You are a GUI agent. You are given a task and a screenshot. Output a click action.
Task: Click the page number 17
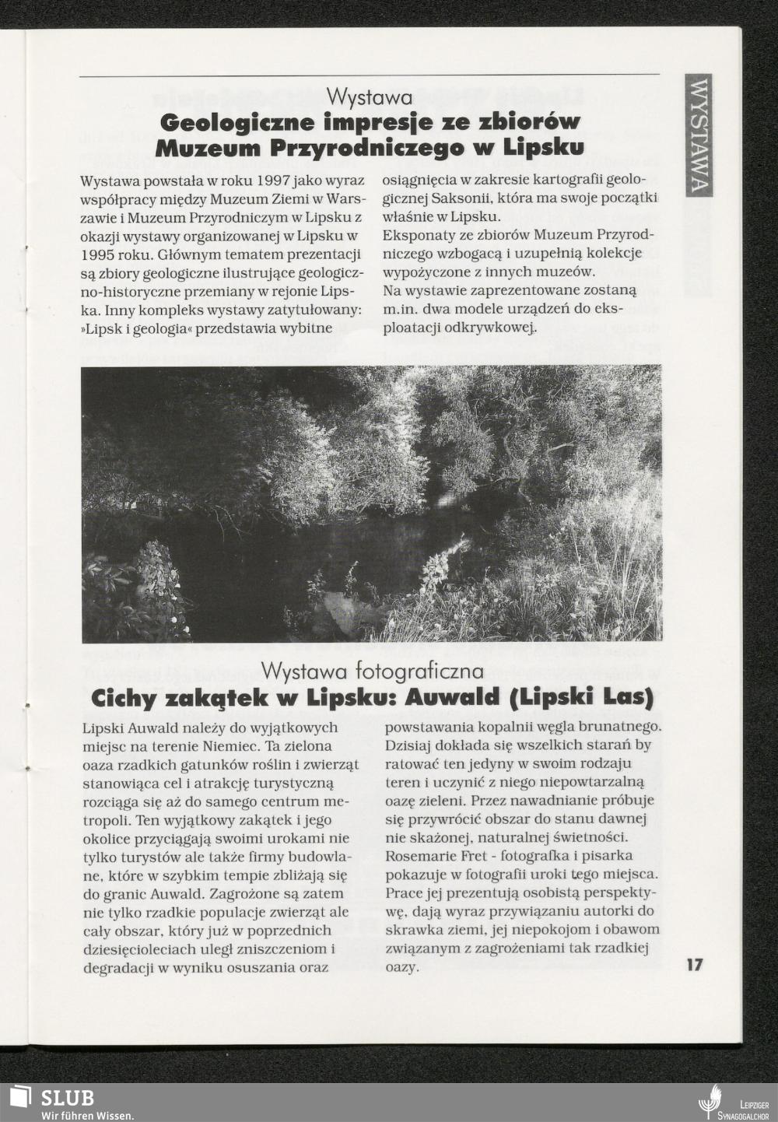pos(694,965)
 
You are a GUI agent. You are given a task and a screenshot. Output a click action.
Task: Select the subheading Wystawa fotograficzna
pos(372,671)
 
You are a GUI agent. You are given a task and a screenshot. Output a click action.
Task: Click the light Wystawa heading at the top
pos(369,97)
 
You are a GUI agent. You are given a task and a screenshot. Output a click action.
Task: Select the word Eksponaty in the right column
pos(415,235)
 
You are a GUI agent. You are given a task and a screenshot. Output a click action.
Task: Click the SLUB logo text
pos(67,1097)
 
